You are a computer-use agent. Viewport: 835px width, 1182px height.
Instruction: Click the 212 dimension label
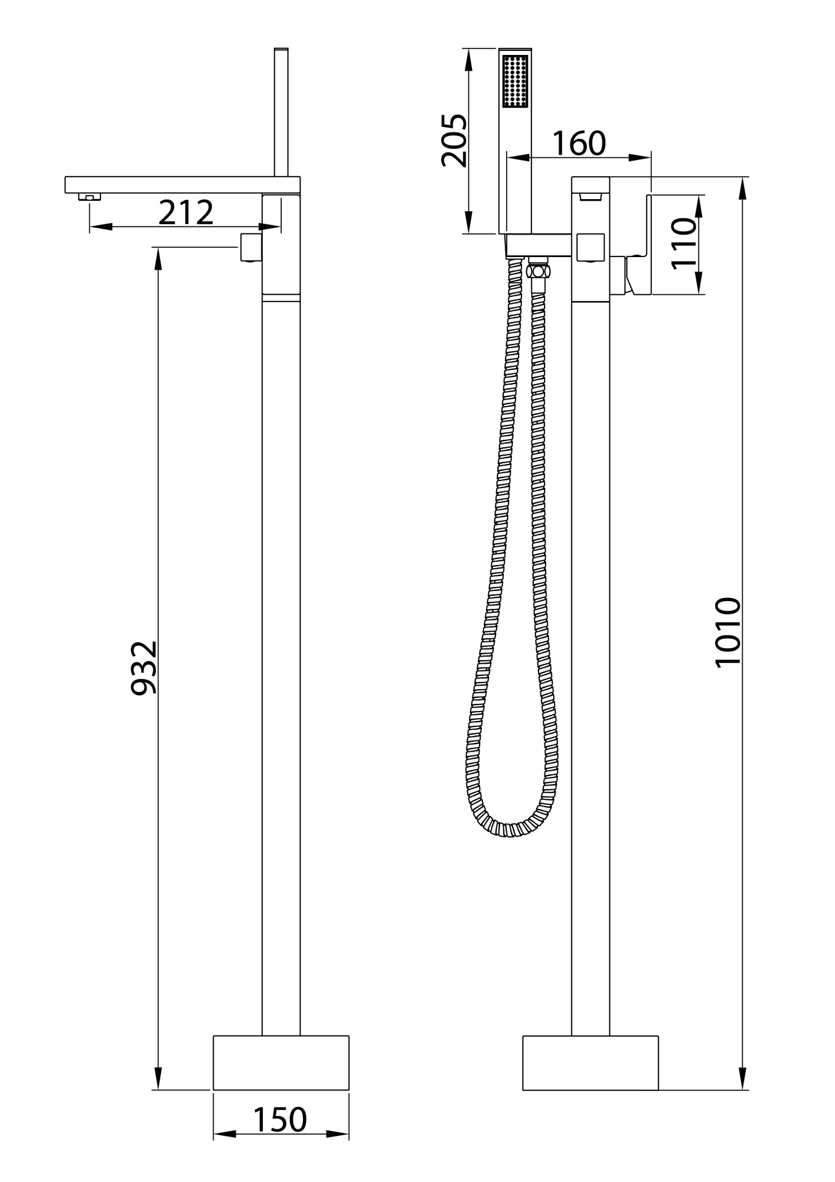click(185, 213)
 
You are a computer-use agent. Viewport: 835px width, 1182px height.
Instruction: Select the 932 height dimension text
click(144, 667)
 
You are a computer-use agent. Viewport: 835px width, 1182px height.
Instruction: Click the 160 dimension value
click(579, 143)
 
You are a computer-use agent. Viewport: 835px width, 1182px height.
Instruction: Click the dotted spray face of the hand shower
click(515, 81)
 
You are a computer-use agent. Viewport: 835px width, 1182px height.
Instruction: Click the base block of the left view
click(281, 1062)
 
